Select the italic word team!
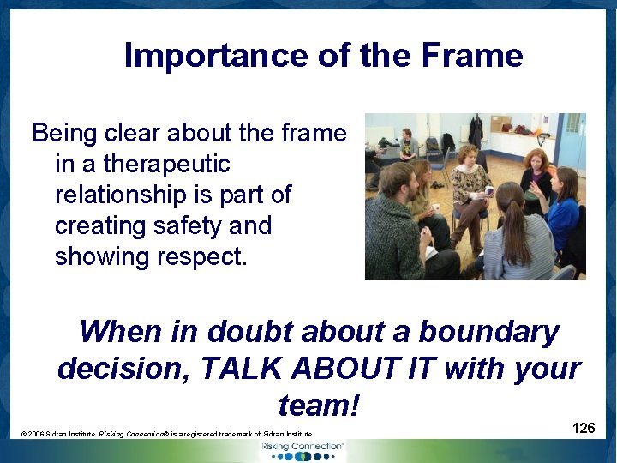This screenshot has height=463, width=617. (319, 405)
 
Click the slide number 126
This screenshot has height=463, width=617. (584, 427)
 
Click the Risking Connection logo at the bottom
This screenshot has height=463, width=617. (303, 449)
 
